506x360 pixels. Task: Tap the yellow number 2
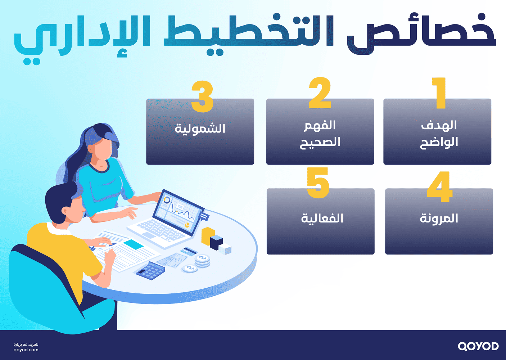click(320, 93)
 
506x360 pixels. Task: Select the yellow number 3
click(202, 96)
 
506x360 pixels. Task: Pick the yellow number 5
click(318, 183)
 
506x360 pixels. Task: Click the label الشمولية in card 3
click(200, 129)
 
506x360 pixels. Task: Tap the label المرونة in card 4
click(439, 218)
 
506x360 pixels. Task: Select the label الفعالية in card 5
click(322, 218)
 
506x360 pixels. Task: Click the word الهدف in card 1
click(439, 125)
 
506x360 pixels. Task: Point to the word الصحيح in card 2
click(320, 142)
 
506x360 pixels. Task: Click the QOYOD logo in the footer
click(478, 346)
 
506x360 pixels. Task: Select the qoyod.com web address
click(26, 350)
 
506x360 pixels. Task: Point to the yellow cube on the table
click(207, 236)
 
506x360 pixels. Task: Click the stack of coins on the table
click(202, 260)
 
